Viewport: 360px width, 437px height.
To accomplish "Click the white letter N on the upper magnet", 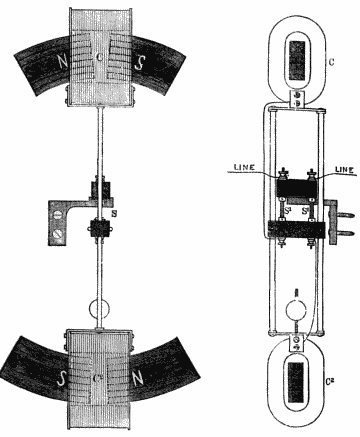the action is pos(62,61).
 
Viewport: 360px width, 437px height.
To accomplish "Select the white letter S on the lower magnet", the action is pos(62,378).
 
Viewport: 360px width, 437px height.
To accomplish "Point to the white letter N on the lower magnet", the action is pos(138,378).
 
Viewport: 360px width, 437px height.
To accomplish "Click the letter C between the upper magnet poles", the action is pos(99,57).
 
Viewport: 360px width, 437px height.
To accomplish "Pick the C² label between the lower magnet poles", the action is pos(97,378).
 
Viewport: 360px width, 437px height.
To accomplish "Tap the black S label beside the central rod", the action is pos(115,214).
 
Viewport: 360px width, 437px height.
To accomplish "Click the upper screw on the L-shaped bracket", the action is pos(58,214).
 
